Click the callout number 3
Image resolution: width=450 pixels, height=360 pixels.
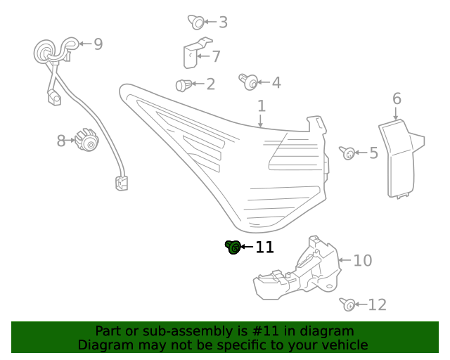pos(223,22)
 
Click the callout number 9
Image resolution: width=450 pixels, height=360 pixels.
pos(98,44)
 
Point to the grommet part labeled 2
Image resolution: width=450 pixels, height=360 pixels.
pos(184,85)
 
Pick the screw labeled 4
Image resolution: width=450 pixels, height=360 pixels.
pos(247,82)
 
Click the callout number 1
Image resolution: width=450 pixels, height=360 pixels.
pos(261,106)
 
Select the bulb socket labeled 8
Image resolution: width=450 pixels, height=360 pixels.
pos(87,140)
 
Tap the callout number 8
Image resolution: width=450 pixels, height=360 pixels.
pos(61,141)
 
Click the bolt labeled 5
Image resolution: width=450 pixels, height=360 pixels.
pos(347,153)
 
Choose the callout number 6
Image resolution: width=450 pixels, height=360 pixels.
pos(397,98)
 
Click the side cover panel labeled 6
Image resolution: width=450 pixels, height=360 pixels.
pos(397,158)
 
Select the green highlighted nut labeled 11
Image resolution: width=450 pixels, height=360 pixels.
pos(233,247)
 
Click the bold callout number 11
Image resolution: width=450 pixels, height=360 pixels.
pos(264,247)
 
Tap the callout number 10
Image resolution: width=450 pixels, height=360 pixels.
pos(362,261)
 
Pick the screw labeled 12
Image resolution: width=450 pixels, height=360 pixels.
pos(347,304)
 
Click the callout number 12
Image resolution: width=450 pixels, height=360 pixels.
pos(378,304)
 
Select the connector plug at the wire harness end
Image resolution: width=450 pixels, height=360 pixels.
pos(121,184)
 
